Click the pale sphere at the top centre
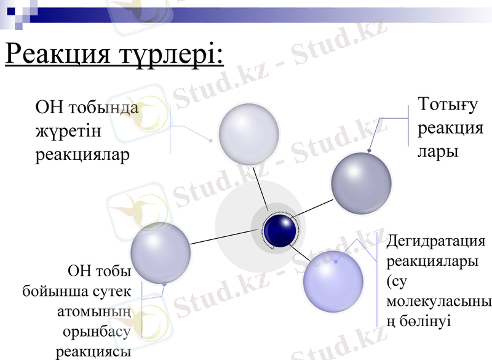click(249, 134)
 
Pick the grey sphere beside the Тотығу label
click(361, 183)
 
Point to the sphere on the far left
click(161, 252)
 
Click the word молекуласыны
click(439, 302)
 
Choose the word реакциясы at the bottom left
click(93, 352)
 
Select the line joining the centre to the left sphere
click(224, 237)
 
